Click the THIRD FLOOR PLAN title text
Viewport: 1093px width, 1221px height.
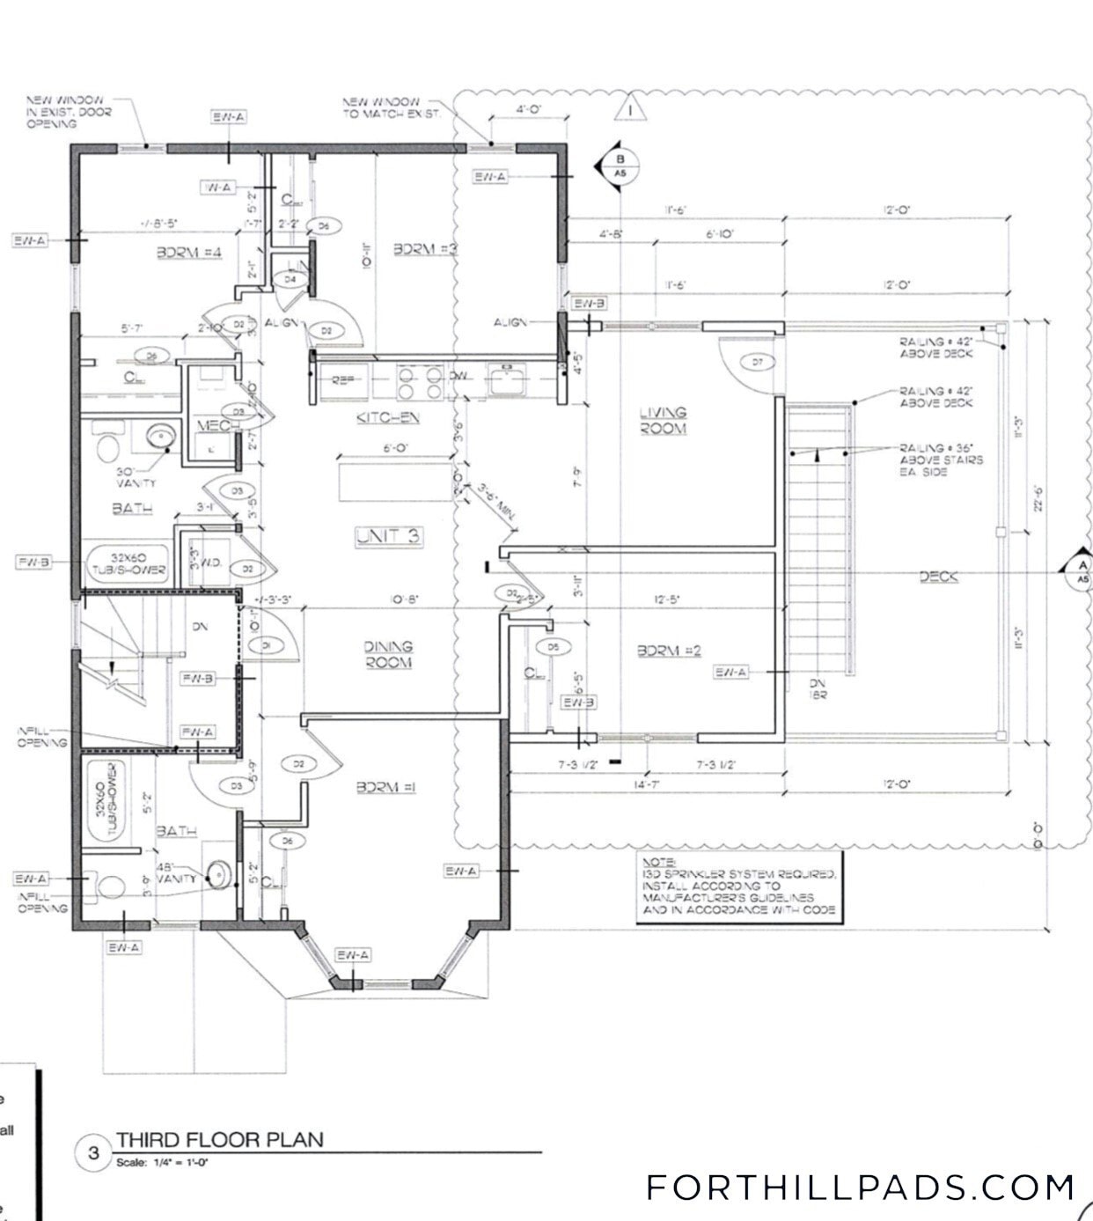(x=220, y=1139)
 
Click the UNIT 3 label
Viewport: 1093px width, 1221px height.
(x=388, y=536)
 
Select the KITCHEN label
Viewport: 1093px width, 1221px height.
(x=388, y=417)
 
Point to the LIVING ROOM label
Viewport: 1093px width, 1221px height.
(x=663, y=420)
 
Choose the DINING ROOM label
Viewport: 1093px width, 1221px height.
(x=388, y=654)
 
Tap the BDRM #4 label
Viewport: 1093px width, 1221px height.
(x=189, y=253)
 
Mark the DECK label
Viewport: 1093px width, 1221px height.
(x=938, y=577)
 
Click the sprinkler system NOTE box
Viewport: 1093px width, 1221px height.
(x=738, y=886)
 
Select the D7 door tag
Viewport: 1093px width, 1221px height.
(x=757, y=361)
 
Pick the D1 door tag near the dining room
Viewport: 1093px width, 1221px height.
(x=265, y=645)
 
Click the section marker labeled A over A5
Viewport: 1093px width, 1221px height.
(x=1082, y=572)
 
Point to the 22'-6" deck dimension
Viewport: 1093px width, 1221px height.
(x=1039, y=504)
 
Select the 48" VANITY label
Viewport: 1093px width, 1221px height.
(x=174, y=872)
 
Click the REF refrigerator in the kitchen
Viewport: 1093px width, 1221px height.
(x=343, y=380)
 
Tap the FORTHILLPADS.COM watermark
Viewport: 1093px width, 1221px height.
(x=860, y=1187)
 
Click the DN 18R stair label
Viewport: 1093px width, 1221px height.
(x=817, y=688)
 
